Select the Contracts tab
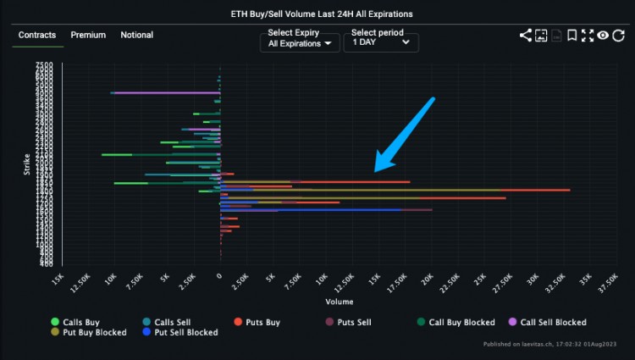pos(37,35)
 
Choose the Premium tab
pos(88,35)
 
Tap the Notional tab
pos(137,35)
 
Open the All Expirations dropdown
pos(298,42)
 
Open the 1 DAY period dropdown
pos(380,42)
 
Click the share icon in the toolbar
pos(526,36)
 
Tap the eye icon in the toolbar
pos(603,36)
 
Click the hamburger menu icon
pos(619,36)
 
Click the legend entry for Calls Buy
pos(75,322)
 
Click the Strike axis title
pos(27,163)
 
